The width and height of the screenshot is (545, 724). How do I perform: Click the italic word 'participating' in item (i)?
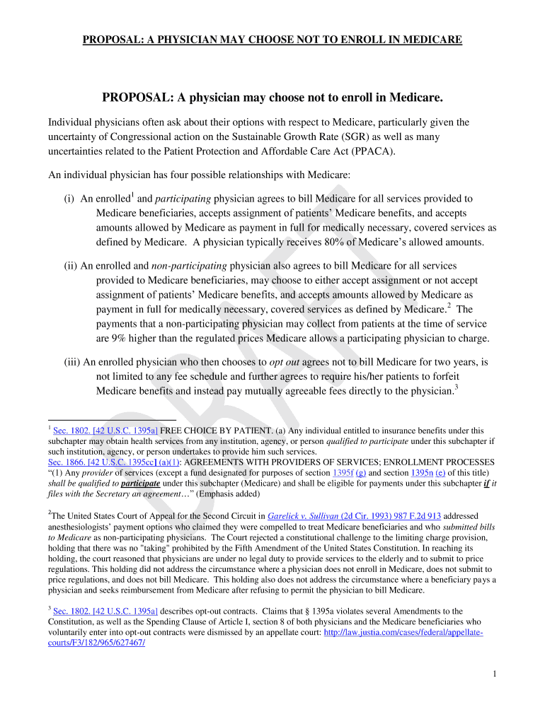(183, 199)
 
